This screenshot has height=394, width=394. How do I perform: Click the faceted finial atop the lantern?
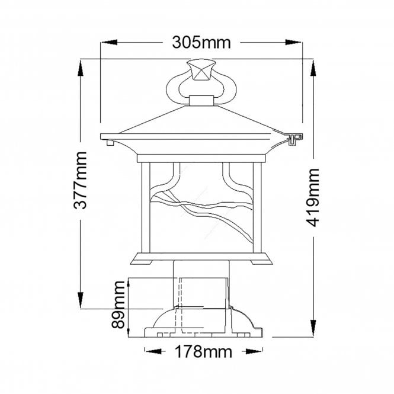coord(200,71)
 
